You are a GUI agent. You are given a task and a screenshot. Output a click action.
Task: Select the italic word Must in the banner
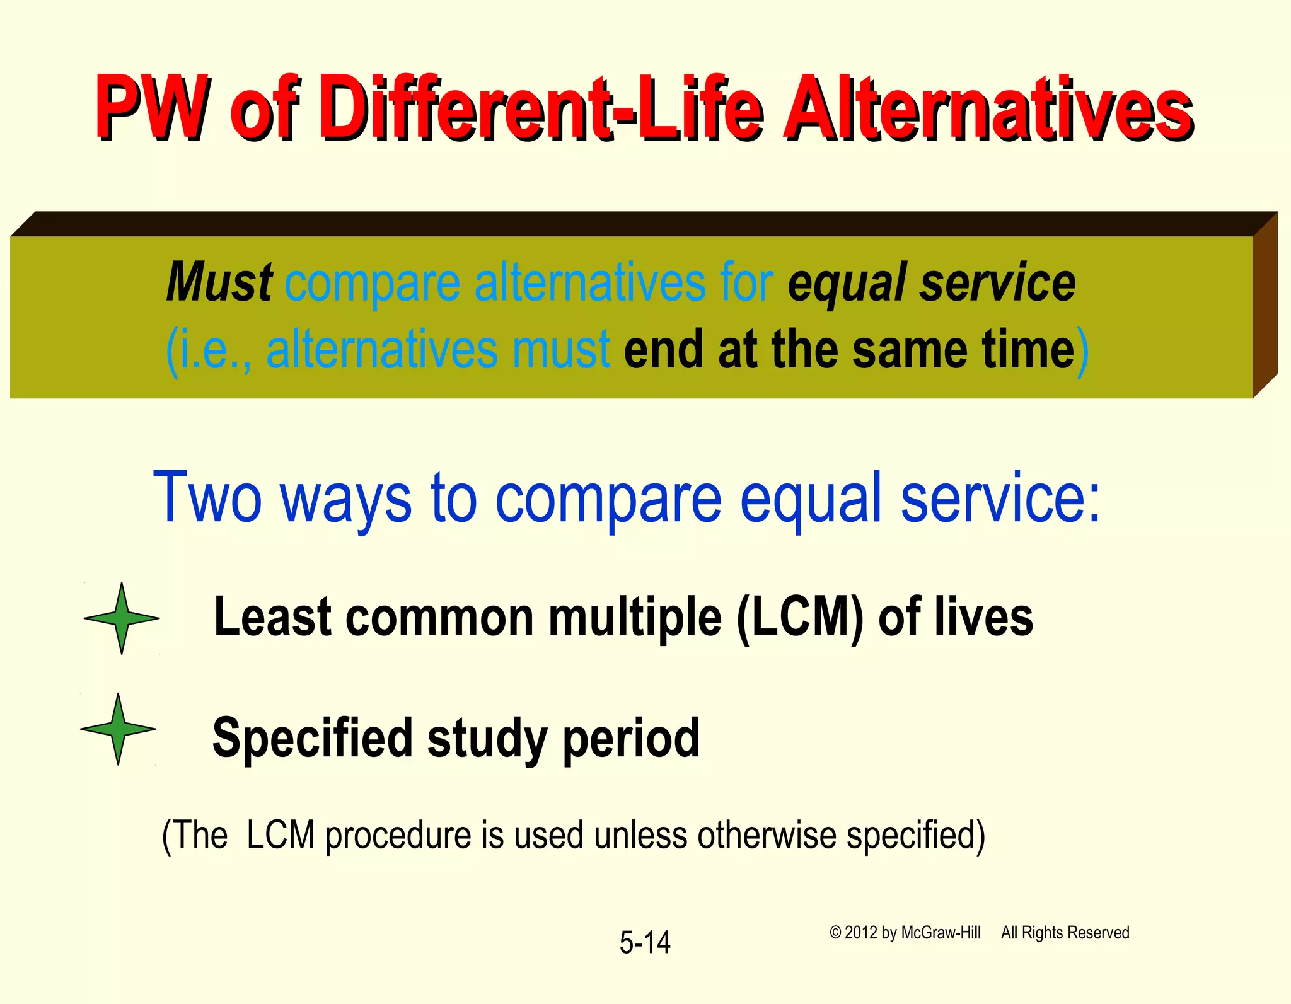219,282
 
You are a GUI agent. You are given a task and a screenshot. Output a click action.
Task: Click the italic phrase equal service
932,282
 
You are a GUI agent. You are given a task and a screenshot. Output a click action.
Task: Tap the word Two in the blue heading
207,498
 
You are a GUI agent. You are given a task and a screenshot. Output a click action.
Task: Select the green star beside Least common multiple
122,618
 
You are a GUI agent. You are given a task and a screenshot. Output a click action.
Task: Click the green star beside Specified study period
119,729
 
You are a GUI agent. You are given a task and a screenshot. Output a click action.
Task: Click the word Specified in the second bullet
313,739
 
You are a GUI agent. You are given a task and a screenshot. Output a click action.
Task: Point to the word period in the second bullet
631,739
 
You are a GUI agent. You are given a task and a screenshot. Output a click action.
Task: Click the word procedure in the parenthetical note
398,836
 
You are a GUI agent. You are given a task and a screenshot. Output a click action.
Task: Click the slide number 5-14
645,942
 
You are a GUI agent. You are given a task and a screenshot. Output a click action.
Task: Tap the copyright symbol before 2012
835,933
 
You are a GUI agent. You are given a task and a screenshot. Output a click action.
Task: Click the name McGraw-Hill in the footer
941,933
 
